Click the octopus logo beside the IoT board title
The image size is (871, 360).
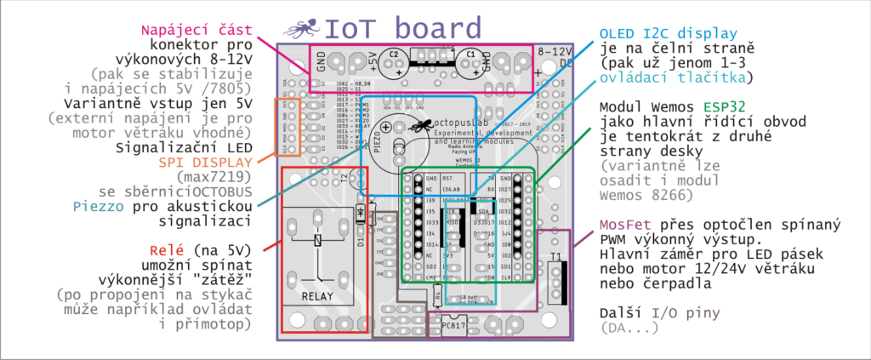coord(300,28)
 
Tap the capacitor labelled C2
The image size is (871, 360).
coord(394,63)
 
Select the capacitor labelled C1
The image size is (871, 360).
coord(469,63)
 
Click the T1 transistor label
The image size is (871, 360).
coord(555,256)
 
